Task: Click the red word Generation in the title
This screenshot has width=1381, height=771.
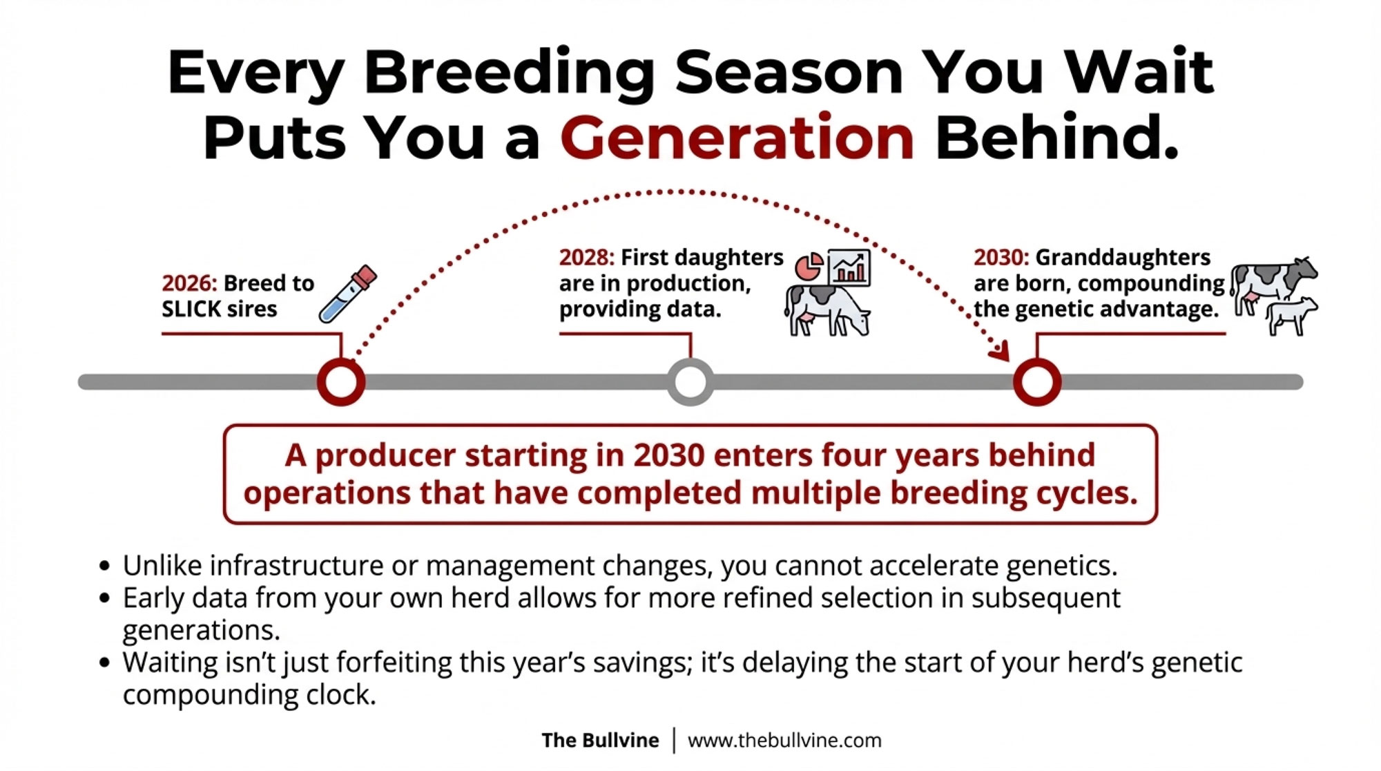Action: (x=737, y=137)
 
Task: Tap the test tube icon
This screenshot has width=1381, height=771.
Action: (x=348, y=294)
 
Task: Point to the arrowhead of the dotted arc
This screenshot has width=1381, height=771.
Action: (x=1001, y=352)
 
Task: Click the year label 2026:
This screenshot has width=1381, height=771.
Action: (x=190, y=283)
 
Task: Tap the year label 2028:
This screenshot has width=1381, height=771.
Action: (x=587, y=257)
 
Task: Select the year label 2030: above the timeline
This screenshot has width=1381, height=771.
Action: (x=1001, y=257)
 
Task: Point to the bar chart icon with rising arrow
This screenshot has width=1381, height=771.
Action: (x=849, y=267)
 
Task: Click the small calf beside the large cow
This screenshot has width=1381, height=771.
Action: (x=1291, y=316)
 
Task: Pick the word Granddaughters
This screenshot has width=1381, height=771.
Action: (x=1123, y=257)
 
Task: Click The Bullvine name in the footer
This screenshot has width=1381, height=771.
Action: (x=600, y=741)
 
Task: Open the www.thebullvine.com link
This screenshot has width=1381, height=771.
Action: (x=784, y=741)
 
